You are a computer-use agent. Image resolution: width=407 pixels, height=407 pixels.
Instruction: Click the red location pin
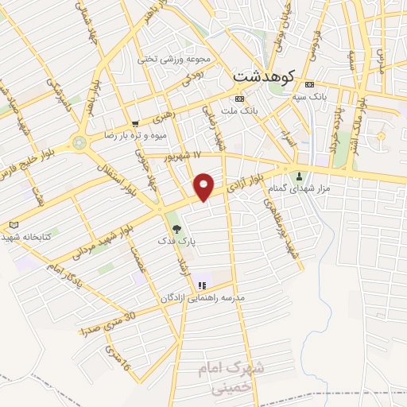[x=205, y=186]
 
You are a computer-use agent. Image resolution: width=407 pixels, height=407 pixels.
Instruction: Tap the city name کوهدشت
[x=265, y=76]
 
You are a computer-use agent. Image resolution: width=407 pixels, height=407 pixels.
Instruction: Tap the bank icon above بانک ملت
[x=239, y=98]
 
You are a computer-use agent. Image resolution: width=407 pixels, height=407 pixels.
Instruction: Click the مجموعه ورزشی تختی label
[x=175, y=60]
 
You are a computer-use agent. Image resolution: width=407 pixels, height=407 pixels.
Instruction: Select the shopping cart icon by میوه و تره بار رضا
[x=136, y=123]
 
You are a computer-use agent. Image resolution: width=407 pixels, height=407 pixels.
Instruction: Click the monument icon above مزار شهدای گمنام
[x=300, y=176]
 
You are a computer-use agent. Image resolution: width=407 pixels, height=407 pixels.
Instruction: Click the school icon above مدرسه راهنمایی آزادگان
[x=202, y=285]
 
